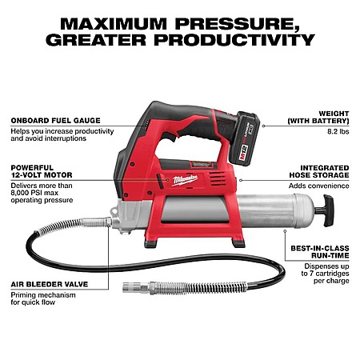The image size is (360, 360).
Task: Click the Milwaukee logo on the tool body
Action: (185, 180)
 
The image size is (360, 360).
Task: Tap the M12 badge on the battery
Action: (243, 153)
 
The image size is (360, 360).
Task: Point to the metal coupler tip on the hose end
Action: (132, 287)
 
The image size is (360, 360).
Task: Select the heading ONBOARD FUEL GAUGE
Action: (56, 121)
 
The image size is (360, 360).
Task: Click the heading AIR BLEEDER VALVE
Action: (50, 284)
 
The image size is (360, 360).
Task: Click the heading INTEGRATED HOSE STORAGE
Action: (319, 171)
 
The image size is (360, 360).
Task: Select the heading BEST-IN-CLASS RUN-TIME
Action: (320, 252)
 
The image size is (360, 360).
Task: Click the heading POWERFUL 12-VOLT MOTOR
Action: (42, 171)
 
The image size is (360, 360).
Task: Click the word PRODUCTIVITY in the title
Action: (234, 40)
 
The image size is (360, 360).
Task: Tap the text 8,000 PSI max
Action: (34, 193)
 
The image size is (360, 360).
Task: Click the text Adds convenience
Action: (319, 186)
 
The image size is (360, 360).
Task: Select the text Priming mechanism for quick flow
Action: (43, 298)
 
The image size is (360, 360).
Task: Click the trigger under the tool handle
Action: (169, 137)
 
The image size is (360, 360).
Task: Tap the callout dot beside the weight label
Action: (263, 126)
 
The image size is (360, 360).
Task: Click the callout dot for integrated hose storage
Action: (241, 180)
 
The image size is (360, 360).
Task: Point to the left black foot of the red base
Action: (150, 244)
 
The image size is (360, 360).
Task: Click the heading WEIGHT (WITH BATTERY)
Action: (318, 118)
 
